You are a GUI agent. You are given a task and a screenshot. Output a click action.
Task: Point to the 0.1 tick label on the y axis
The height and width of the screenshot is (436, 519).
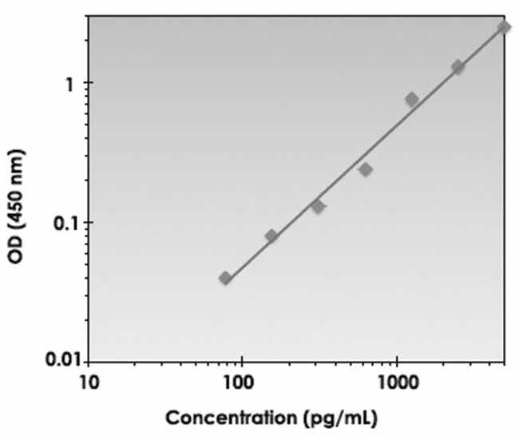61,222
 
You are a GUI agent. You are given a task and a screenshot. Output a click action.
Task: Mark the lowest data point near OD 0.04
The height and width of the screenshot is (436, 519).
225,278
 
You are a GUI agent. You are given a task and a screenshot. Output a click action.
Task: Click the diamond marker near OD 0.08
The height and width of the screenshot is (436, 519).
271,236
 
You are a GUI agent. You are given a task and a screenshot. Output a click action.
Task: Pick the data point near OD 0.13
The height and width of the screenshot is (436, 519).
318,207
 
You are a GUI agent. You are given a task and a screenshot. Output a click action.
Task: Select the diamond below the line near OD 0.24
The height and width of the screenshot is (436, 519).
365,169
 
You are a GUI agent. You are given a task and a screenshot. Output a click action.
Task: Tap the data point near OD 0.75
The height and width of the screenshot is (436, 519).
411,100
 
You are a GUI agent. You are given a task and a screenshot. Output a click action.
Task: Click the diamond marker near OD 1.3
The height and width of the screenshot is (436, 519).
458,67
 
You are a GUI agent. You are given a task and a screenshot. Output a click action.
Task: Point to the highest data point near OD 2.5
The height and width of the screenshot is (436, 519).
504,27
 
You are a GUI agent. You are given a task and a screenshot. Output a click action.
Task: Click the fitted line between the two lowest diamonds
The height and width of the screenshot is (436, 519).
248,258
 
